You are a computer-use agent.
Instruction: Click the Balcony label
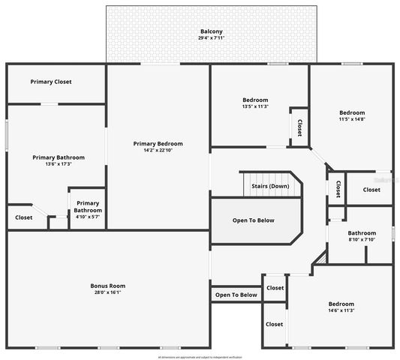(x=211, y=31)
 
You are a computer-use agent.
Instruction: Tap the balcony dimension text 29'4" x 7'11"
(x=211, y=37)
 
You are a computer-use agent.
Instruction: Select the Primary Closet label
(x=51, y=82)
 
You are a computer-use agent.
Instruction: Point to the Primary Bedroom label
(x=158, y=143)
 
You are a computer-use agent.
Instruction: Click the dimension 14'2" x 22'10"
(x=158, y=150)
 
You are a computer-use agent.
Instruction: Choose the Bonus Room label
(x=107, y=286)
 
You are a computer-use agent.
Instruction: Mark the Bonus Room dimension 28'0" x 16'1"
(x=107, y=292)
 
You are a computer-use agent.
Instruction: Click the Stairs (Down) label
(x=270, y=185)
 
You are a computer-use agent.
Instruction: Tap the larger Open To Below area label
(x=253, y=220)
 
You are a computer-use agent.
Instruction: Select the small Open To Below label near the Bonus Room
(x=236, y=295)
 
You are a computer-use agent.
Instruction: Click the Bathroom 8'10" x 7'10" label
(x=361, y=233)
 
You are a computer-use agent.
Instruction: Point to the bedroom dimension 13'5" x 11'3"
(x=255, y=106)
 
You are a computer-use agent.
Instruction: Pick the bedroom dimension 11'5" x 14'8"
(x=351, y=119)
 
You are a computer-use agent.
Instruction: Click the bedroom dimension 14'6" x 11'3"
(x=341, y=310)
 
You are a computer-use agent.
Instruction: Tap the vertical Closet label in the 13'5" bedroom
(x=299, y=127)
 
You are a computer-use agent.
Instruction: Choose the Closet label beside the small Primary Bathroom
(x=24, y=217)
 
